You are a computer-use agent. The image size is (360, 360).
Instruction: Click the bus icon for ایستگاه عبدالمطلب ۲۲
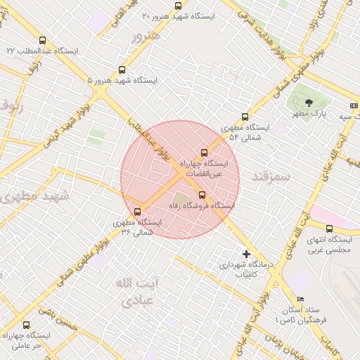point(43,41)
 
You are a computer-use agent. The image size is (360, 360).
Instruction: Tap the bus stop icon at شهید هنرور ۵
point(122,70)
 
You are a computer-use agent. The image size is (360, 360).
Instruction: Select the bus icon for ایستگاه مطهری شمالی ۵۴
point(245,117)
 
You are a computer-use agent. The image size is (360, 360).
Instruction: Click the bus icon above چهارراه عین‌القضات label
point(205,153)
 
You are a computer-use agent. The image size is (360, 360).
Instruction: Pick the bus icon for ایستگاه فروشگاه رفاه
point(202,195)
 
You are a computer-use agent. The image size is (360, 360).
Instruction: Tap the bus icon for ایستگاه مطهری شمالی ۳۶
point(137,211)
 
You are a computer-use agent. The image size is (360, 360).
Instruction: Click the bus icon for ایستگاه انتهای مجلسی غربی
point(329,229)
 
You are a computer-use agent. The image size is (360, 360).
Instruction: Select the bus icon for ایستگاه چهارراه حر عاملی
point(27,325)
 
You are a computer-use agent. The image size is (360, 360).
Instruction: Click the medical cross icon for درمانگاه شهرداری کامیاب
point(246,253)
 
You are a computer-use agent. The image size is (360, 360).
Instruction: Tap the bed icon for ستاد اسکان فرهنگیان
point(301,299)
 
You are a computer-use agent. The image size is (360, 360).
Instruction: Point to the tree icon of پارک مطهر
point(309,103)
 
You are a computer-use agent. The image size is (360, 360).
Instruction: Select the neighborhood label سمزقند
point(271,176)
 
